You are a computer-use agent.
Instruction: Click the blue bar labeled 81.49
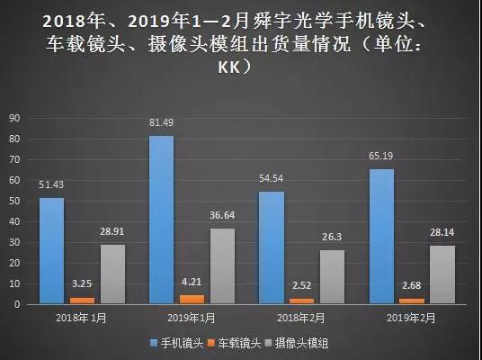click(162, 220)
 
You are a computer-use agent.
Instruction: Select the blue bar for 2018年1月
click(51, 251)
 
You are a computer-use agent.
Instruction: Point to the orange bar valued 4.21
click(192, 300)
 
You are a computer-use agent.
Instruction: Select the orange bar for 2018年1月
click(81, 301)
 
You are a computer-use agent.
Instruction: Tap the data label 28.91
click(112, 233)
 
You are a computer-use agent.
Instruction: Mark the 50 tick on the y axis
click(13, 201)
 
